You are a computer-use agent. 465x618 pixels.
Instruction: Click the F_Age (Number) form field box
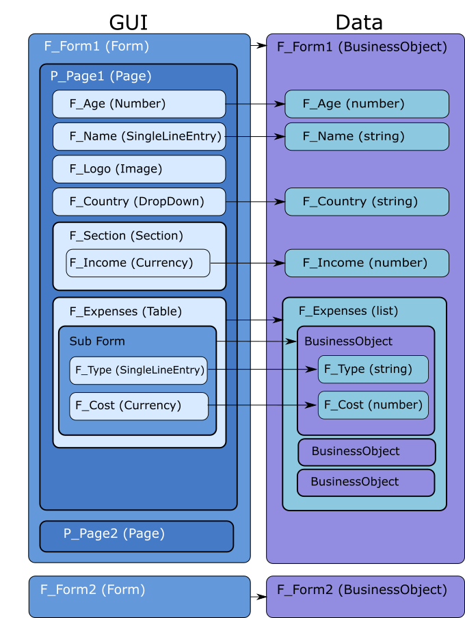pyautogui.click(x=139, y=104)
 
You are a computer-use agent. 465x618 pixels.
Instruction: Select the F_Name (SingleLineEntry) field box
pyautogui.click(x=139, y=136)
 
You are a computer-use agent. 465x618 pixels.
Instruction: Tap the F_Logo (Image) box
pyautogui.click(x=139, y=169)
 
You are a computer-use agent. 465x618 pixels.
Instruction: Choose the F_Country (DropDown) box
pyautogui.click(x=139, y=202)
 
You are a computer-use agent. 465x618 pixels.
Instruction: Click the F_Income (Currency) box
pyautogui.click(x=137, y=263)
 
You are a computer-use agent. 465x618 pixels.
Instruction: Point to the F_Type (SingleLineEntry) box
pyautogui.click(x=138, y=370)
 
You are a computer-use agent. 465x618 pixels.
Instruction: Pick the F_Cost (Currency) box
pyautogui.click(x=138, y=406)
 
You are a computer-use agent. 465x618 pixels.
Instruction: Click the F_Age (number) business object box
pyautogui.click(x=367, y=104)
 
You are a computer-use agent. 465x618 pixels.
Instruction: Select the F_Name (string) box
pyautogui.click(x=367, y=136)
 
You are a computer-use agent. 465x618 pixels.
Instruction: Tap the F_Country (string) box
pyautogui.click(x=367, y=202)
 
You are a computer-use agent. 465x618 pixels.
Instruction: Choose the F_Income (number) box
pyautogui.click(x=367, y=263)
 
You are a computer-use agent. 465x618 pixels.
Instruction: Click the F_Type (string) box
pyautogui.click(x=373, y=370)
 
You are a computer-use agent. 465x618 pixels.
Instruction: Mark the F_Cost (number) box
pyautogui.click(x=373, y=405)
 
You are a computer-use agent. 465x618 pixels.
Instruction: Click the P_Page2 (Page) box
pyautogui.click(x=136, y=536)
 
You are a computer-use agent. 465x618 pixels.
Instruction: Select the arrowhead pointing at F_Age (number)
pyautogui.click(x=280, y=104)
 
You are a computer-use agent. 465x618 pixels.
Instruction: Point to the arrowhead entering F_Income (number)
pyautogui.click(x=280, y=263)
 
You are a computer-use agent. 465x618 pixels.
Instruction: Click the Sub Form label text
pyautogui.click(x=97, y=342)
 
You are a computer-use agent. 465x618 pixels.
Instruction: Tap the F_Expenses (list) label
pyautogui.click(x=348, y=311)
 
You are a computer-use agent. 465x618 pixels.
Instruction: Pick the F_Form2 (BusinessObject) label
pyautogui.click(x=362, y=589)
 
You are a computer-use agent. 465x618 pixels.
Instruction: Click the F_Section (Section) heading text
pyautogui.click(x=126, y=235)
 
